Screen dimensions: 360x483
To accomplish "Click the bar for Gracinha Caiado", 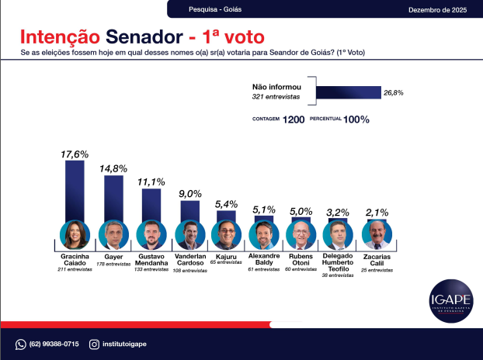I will click(x=75, y=190).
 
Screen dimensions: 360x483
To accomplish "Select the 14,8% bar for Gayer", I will click(x=113, y=197).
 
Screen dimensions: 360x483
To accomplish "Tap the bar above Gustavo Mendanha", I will click(x=151, y=204).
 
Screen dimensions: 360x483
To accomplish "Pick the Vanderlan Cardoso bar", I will click(x=189, y=210).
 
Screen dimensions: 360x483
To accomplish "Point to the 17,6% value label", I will click(x=75, y=154).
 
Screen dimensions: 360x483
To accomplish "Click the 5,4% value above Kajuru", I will click(x=227, y=204).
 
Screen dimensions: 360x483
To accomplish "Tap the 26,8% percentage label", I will click(x=393, y=93).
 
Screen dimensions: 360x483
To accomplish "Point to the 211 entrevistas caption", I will click(x=75, y=270).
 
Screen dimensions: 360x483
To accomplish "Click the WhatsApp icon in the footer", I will click(x=21, y=344).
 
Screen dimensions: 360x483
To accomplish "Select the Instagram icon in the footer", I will click(x=95, y=344).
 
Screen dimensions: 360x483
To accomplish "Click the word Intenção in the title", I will click(x=59, y=37).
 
